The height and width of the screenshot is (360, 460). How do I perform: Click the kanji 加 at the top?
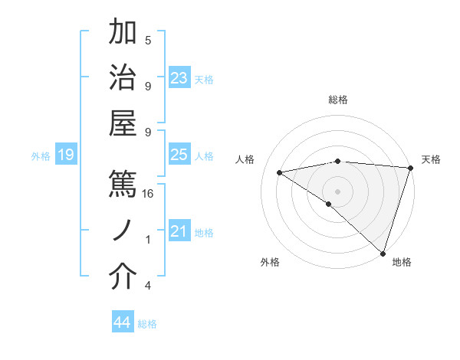tap(123, 32)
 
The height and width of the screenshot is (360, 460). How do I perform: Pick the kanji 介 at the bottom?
tap(123, 277)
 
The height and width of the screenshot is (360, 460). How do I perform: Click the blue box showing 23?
tap(179, 78)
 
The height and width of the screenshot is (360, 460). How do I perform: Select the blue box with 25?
tap(179, 155)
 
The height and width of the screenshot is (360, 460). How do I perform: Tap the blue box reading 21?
tap(179, 231)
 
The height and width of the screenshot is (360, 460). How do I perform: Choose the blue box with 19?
tap(66, 155)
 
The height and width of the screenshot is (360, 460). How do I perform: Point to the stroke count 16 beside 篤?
tap(149, 194)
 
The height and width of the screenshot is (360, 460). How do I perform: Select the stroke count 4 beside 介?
tap(148, 286)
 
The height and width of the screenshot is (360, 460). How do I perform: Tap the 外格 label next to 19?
tap(41, 156)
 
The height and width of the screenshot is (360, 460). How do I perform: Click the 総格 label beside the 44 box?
tap(148, 324)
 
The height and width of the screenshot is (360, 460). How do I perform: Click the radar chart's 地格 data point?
tap(383, 254)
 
